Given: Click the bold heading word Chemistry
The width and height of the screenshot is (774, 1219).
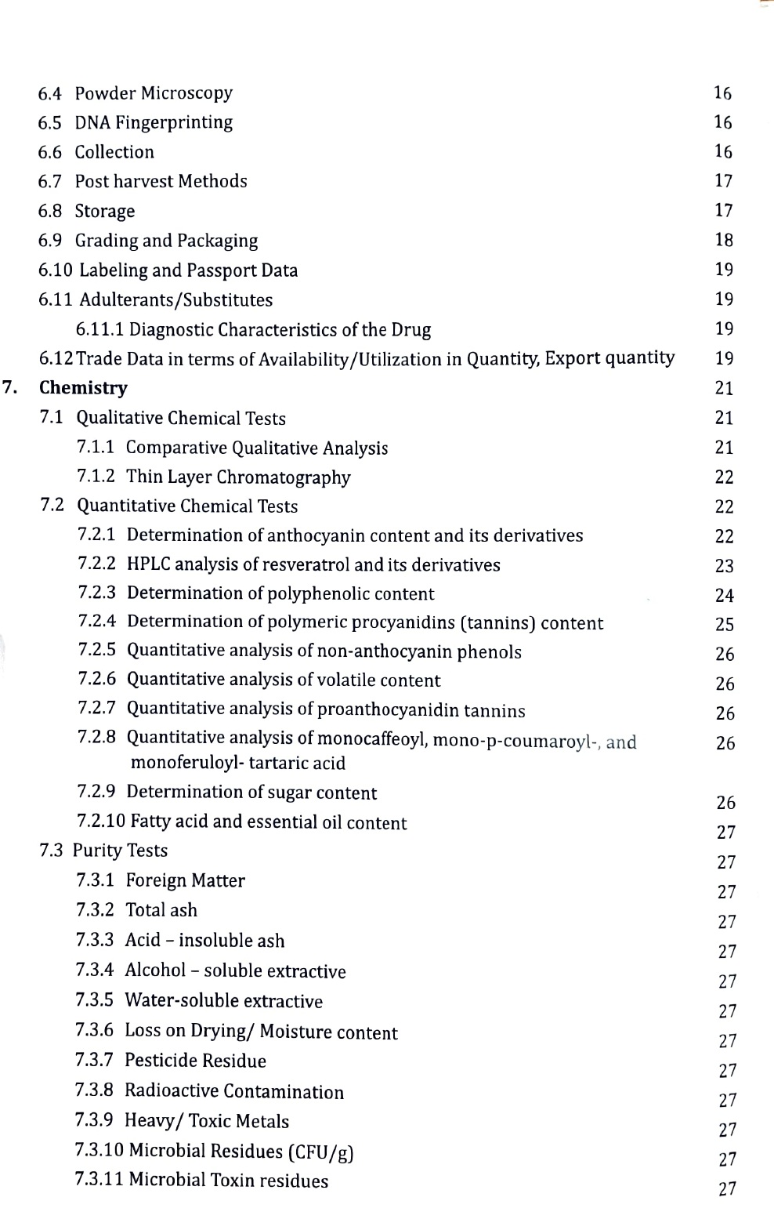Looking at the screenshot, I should [83, 388].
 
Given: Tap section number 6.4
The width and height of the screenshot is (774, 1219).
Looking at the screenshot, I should [49, 93].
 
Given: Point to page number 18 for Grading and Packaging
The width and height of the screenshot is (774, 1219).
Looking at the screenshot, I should [724, 240].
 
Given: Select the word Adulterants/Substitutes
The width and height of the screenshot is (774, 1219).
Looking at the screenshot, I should [176, 300].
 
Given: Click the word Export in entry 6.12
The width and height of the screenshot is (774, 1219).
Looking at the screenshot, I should [572, 358].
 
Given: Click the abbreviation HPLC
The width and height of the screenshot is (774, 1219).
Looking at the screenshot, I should [148, 565].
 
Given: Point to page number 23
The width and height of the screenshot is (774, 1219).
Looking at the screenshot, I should [725, 566].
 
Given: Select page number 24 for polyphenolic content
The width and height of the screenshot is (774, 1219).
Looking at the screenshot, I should [725, 596].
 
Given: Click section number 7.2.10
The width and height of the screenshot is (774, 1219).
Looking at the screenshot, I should [101, 822].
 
